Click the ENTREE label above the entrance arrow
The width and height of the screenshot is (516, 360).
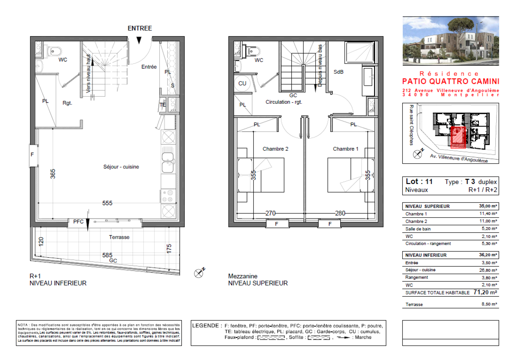pyautogui.click(x=140, y=28)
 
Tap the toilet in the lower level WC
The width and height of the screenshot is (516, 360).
pyautogui.click(x=55, y=51)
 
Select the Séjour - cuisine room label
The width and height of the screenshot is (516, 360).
pyautogui.click(x=121, y=167)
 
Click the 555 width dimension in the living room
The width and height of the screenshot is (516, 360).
pyautogui.click(x=107, y=203)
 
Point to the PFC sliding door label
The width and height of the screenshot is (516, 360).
pyautogui.click(x=78, y=222)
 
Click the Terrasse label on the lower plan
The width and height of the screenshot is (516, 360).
pyautogui.click(x=119, y=237)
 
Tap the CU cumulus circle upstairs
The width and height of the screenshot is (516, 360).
pyautogui.click(x=242, y=83)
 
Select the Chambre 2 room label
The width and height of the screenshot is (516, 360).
pyautogui.click(x=275, y=149)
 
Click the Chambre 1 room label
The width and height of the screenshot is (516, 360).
pyautogui.click(x=345, y=149)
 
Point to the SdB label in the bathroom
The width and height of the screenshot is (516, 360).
pyautogui.click(x=338, y=72)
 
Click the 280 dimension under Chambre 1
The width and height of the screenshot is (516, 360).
pyautogui.click(x=340, y=213)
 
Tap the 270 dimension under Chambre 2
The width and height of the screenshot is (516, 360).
pyautogui.click(x=270, y=213)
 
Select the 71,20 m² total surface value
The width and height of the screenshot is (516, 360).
pyautogui.click(x=485, y=292)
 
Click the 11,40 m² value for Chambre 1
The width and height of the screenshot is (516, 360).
pyautogui.click(x=488, y=214)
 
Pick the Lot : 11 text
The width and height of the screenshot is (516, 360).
pyautogui.click(x=419, y=181)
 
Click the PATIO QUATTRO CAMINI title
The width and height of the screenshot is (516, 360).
pyautogui.click(x=451, y=81)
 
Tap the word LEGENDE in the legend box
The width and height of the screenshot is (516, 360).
pyautogui.click(x=205, y=326)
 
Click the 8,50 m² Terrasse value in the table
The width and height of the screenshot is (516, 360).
pyautogui.click(x=489, y=304)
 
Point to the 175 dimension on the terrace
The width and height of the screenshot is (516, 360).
pyautogui.click(x=169, y=248)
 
